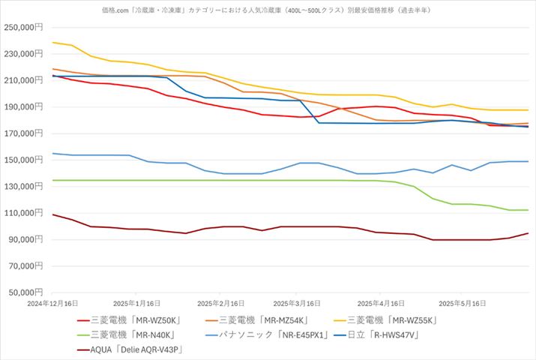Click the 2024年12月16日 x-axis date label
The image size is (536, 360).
52,304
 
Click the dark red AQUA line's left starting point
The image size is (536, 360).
52,214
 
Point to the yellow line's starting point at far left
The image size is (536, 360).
52,43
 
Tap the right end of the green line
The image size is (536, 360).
528,210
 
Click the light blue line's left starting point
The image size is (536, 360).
52,153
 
